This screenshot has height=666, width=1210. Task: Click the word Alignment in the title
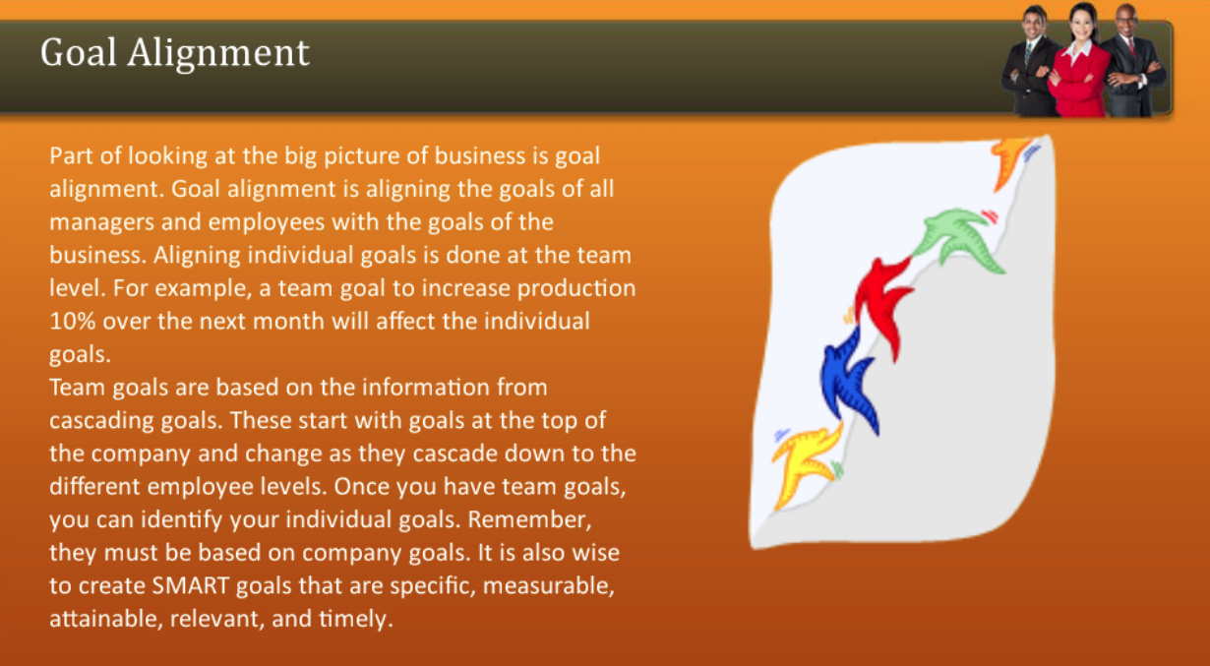218,53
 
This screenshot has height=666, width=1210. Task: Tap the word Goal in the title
80,51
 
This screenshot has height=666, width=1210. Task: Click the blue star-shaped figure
848,379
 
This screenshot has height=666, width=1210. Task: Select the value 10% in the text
72,321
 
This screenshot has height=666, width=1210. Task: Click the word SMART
190,587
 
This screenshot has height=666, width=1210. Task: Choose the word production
576,288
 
